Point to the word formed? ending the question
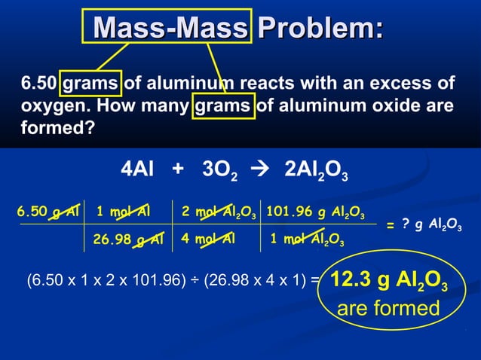click(57, 129)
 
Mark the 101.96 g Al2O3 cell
click(316, 212)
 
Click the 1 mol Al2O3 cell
click(309, 241)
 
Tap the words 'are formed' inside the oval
click(388, 309)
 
